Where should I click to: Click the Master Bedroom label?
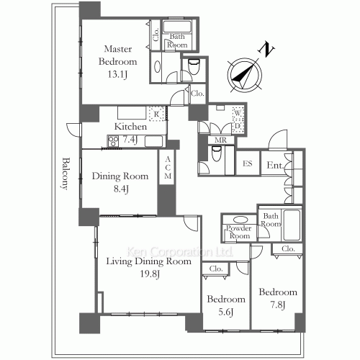(x=117, y=55)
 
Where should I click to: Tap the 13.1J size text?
(x=117, y=74)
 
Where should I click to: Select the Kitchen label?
(x=130, y=127)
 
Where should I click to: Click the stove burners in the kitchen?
(x=113, y=141)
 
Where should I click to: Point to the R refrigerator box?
(x=157, y=114)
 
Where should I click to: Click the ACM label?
(x=168, y=168)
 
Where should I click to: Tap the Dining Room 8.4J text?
(x=120, y=182)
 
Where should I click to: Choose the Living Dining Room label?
(x=149, y=261)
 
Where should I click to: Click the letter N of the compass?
(x=266, y=50)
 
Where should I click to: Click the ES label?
(x=248, y=163)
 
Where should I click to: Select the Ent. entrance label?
(x=275, y=165)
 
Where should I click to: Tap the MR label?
(x=220, y=140)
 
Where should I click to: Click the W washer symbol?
(x=238, y=113)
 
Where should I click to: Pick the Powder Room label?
(x=239, y=232)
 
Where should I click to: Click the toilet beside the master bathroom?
(x=194, y=66)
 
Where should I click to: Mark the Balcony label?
(x=65, y=174)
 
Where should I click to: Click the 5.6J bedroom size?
(x=226, y=312)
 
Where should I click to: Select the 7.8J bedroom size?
(x=278, y=305)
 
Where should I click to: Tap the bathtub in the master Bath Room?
(x=177, y=27)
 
